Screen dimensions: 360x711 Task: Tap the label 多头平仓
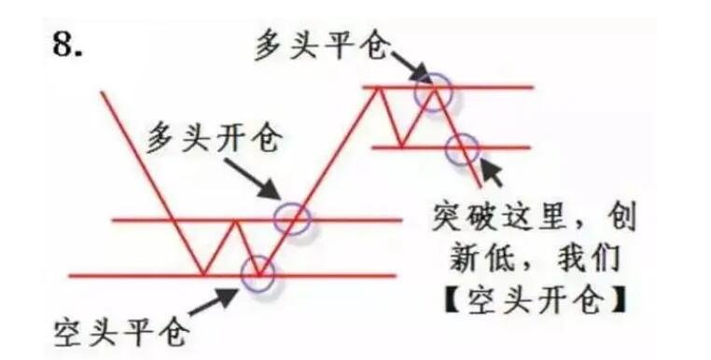click(320, 43)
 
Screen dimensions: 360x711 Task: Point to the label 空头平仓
click(121, 330)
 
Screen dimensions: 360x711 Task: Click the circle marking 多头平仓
click(434, 90)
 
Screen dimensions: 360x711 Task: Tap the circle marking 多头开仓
click(293, 218)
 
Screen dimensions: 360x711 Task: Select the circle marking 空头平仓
click(258, 273)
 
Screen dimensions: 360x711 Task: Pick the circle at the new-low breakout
click(463, 147)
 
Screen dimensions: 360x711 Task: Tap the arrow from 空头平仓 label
click(217, 298)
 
